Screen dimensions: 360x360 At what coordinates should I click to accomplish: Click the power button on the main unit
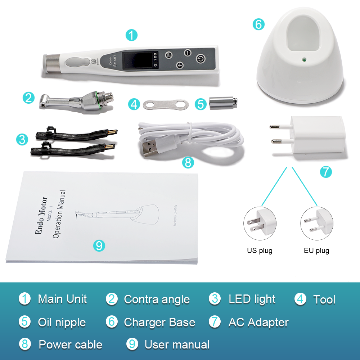pos(201,58)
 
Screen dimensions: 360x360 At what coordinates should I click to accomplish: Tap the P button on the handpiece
pos(169,55)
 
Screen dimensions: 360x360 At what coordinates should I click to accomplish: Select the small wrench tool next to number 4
pos(164,104)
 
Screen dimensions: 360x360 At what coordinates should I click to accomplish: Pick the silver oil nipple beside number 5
pos(221,103)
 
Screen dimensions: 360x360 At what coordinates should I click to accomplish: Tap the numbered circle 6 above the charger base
pos(258,24)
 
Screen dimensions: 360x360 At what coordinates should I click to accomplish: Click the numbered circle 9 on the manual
pos(99,246)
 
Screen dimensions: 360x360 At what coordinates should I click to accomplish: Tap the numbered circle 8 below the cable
pos(188,162)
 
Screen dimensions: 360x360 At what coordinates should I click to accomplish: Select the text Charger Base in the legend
pos(159,322)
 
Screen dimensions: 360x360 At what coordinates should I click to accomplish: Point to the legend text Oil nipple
pos(62,322)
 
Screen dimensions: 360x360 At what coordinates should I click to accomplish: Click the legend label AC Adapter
pos(258,322)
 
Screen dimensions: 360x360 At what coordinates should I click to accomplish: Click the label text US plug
pos(260,250)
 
